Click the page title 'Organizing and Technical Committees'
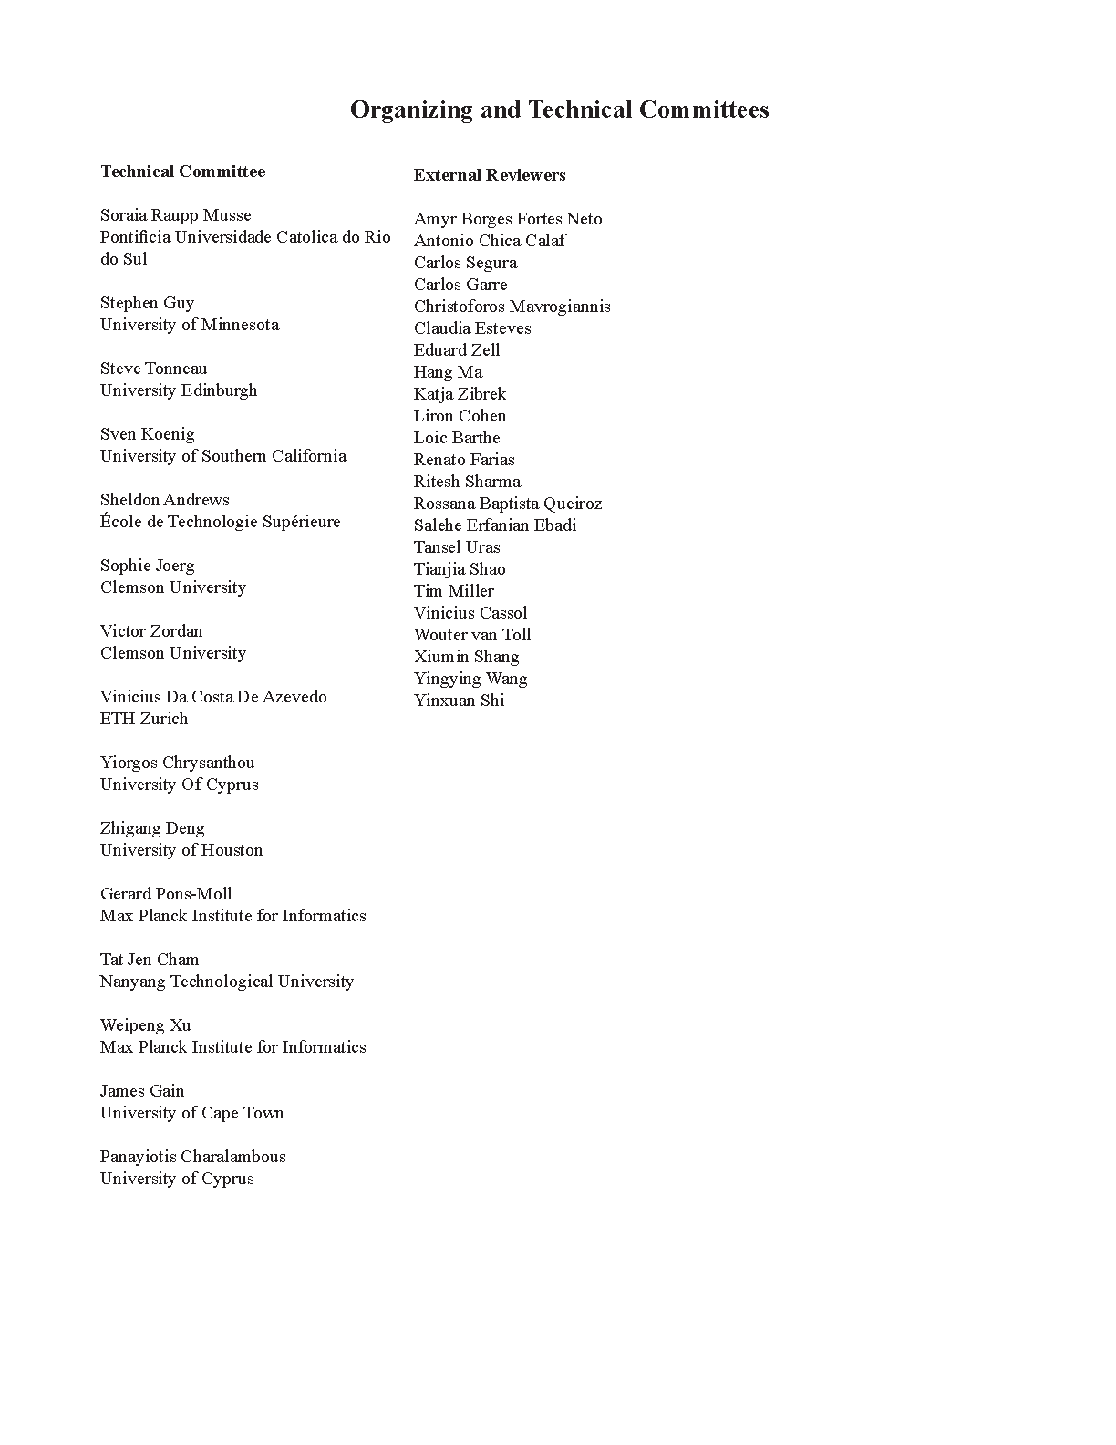tap(559, 110)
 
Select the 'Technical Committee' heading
tap(183, 172)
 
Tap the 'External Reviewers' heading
tap(490, 175)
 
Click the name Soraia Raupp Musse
tap(176, 215)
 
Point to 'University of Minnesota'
tap(190, 325)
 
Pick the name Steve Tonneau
tap(154, 369)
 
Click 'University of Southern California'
tap(223, 456)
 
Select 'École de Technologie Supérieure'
tap(221, 522)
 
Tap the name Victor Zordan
tap(151, 631)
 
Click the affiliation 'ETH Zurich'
tap(144, 719)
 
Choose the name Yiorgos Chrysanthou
tap(178, 763)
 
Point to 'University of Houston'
tap(181, 850)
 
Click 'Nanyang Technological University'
tap(227, 982)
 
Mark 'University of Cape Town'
tap(192, 1113)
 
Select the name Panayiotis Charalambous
tap(193, 1157)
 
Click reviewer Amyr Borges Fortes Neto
tap(508, 219)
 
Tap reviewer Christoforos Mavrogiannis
tap(512, 307)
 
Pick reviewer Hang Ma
tap(448, 372)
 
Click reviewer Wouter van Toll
tap(472, 635)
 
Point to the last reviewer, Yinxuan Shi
tap(459, 701)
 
